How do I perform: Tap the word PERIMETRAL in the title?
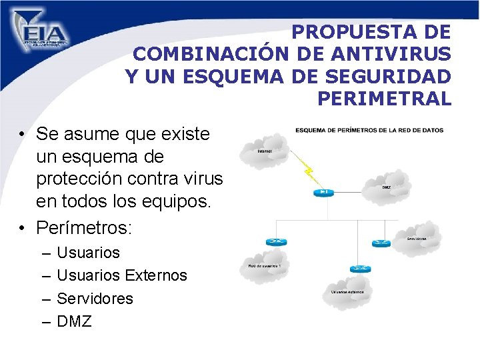(384, 99)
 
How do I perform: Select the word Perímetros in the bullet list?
(85, 228)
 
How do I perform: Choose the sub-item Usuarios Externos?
(122, 275)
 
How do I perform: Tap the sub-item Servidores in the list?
(95, 298)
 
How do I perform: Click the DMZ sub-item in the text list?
(74, 321)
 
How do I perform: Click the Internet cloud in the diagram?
(265, 151)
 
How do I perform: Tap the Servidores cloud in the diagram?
(417, 237)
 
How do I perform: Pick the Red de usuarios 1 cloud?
(265, 266)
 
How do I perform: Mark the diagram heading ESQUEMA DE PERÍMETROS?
(369, 130)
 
